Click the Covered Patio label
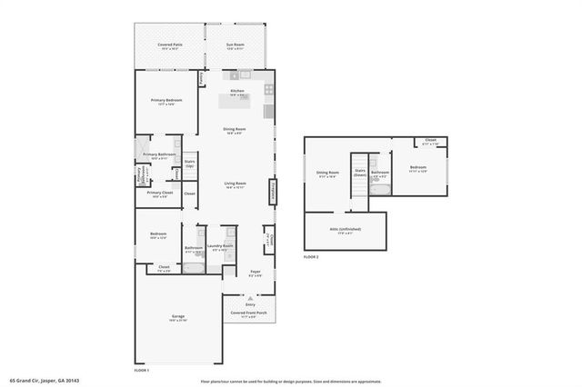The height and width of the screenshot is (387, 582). pos(170,45)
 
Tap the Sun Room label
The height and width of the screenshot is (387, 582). pos(237,45)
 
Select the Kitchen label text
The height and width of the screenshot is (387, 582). pos(237,92)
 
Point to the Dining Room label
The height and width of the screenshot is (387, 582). pos(236,129)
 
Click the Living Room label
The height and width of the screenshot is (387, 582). pos(236,184)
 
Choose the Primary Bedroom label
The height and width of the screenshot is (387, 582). pos(166,100)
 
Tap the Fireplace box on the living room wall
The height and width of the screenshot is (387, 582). pos(272,193)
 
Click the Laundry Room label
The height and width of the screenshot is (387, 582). pos(220,246)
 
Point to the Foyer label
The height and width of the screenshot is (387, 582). pos(256,272)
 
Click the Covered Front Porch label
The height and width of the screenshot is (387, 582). pos(248,313)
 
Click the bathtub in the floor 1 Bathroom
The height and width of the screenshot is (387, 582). pos(195,268)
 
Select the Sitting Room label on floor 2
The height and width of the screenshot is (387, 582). pos(327,173)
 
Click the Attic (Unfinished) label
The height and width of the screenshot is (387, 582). pos(346,232)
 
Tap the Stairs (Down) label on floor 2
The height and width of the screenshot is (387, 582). pos(360,172)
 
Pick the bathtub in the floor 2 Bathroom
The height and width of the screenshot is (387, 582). pos(381,190)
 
